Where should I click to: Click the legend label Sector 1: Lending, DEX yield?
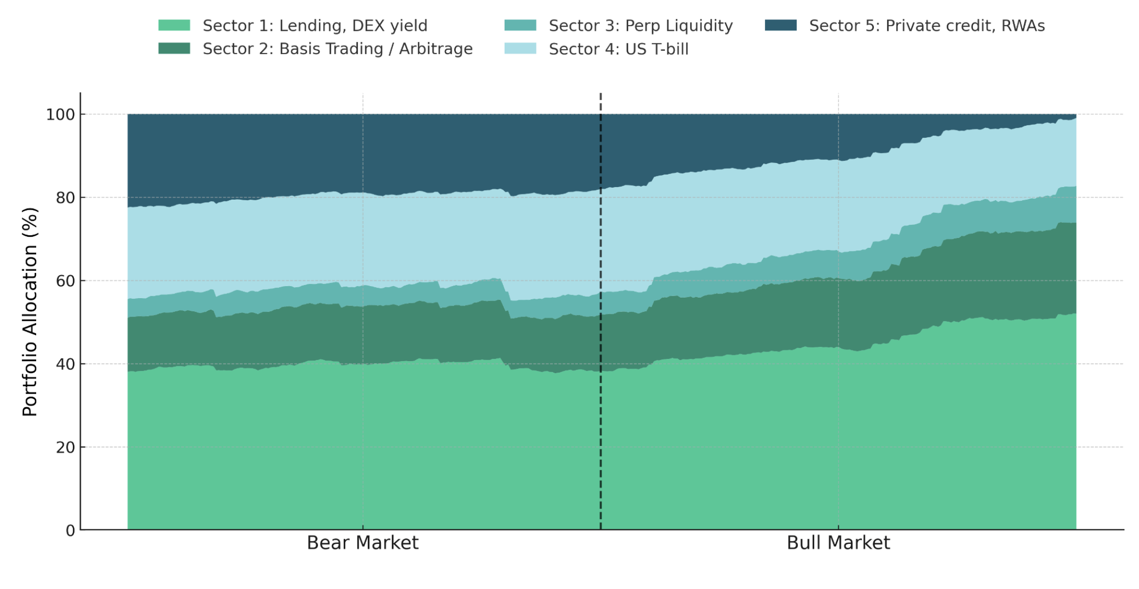315,26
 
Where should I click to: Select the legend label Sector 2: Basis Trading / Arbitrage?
337,49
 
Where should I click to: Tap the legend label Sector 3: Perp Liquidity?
640,26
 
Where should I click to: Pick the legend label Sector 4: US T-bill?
618,49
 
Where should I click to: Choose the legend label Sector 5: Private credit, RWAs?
926,26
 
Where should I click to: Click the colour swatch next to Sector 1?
174,25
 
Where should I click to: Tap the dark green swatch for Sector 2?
174,48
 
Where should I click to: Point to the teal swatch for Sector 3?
520,25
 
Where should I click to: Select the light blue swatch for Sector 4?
520,48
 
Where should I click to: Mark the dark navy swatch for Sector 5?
780,25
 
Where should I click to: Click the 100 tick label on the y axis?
60,114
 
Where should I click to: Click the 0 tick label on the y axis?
70,531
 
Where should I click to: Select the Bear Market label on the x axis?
363,543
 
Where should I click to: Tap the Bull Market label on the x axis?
838,543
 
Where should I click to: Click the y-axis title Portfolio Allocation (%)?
30,312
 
